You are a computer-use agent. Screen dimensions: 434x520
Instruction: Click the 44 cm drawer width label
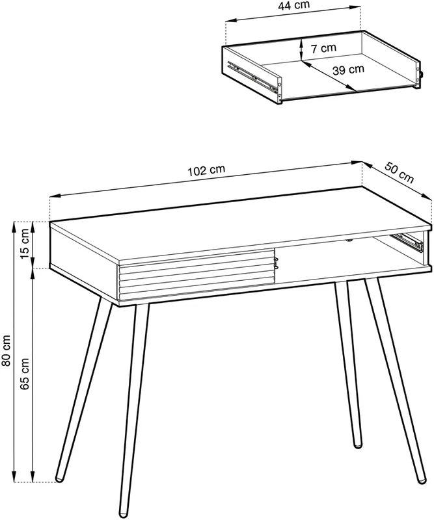pos(293,5)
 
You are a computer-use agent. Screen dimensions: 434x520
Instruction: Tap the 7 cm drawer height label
pos(323,48)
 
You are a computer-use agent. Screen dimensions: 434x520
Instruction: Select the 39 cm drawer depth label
pos(348,70)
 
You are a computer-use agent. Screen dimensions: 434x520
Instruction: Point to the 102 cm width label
pos(206,170)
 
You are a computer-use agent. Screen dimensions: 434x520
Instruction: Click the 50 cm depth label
pos(400,172)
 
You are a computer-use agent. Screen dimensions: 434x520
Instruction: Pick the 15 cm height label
pos(25,245)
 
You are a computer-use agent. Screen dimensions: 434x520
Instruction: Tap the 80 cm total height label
pos(6,351)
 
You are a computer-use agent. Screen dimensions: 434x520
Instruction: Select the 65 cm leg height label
pos(25,373)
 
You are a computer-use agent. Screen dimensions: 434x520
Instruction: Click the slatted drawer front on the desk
pos(197,274)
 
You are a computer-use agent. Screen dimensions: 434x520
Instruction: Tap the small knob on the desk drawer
pos(276,263)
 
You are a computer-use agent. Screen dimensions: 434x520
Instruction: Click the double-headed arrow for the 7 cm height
pos(301,49)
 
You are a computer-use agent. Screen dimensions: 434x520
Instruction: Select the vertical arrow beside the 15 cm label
pos(33,244)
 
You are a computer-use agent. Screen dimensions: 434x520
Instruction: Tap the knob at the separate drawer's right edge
pos(421,74)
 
